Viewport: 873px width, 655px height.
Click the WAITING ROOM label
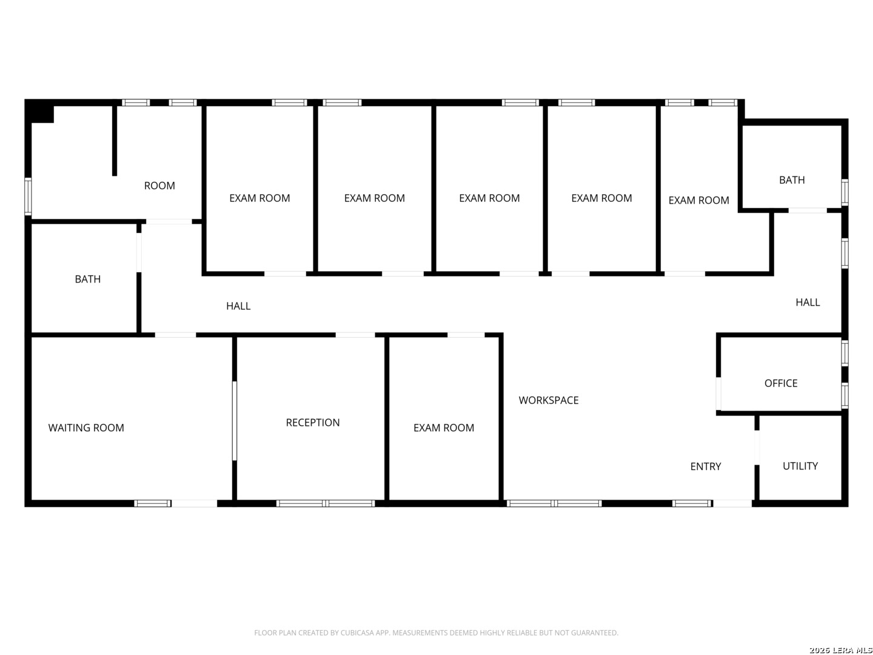click(x=86, y=428)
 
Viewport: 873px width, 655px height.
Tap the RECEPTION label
click(x=313, y=422)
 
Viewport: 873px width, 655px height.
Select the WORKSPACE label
click(x=549, y=400)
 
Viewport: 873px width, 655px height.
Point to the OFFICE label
click(x=781, y=383)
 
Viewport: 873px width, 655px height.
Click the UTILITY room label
click(x=800, y=466)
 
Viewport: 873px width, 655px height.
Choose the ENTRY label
click(x=706, y=466)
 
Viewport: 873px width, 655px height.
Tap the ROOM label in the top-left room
click(x=159, y=186)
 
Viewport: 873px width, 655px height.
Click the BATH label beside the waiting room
click(x=87, y=279)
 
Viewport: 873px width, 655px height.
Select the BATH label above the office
click(x=792, y=180)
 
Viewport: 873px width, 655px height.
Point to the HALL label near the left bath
click(x=238, y=306)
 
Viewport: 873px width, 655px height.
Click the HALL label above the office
click(x=808, y=302)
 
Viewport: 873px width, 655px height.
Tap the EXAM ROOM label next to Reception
click(x=443, y=428)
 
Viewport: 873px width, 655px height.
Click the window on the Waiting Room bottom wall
click(x=152, y=503)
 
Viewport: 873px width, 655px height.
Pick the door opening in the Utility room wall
click(x=757, y=448)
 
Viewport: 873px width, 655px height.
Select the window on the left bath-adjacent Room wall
click(x=28, y=196)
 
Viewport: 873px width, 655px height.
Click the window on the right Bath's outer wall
click(x=845, y=192)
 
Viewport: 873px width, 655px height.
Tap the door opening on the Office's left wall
click(x=718, y=394)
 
